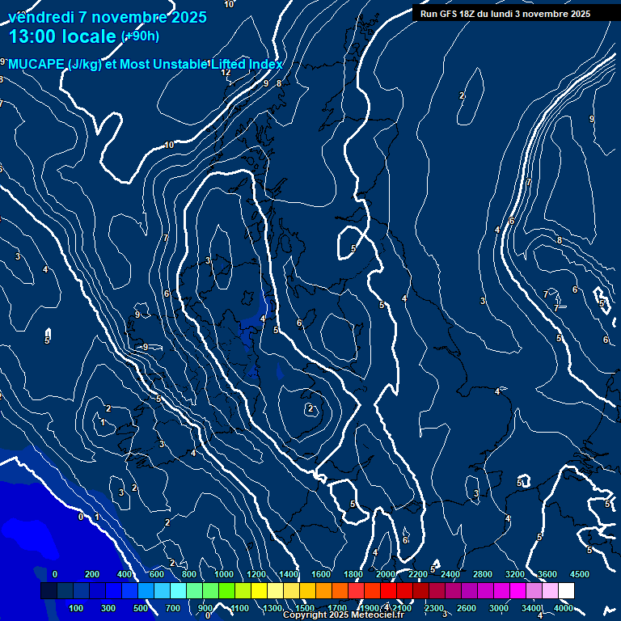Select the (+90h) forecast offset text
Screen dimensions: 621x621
click(140, 36)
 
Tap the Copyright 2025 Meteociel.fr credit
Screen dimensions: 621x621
click(343, 615)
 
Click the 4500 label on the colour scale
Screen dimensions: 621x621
click(579, 574)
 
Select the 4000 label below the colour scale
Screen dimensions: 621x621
click(564, 608)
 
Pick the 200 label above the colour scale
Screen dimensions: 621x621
click(92, 574)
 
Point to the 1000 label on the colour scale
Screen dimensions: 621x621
click(224, 574)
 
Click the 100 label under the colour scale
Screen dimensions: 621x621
click(77, 608)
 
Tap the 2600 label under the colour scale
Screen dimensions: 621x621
click(467, 608)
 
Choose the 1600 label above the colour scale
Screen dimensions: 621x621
click(321, 574)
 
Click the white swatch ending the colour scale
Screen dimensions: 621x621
click(566, 591)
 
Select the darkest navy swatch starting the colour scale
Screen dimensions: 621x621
click(49, 591)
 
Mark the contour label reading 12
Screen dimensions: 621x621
click(226, 73)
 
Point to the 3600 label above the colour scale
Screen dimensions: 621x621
click(547, 574)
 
